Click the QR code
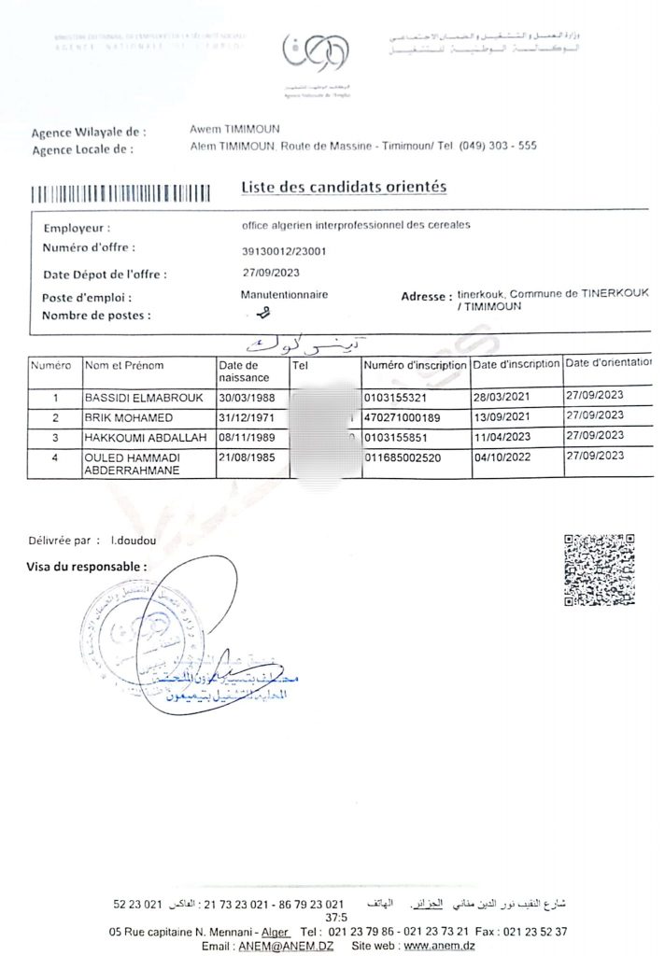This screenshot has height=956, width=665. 600,569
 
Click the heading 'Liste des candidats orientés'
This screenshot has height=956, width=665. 344,187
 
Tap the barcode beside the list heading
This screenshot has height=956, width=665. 120,195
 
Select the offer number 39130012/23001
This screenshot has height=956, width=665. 284,251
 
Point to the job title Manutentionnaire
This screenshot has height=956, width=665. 284,294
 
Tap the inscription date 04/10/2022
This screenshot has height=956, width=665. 504,457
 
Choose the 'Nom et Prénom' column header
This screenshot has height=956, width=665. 124,365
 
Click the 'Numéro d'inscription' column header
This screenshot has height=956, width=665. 415,364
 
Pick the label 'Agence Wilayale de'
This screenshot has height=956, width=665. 89,133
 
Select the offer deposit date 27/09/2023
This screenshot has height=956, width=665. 272,273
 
